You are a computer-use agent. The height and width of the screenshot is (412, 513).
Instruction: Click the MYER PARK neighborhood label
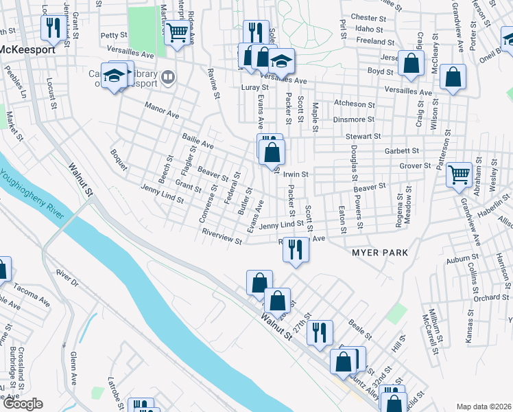click(379, 253)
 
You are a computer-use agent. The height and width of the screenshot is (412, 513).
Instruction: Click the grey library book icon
click(167, 77)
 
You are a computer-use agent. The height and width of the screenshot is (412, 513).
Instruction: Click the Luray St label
click(254, 88)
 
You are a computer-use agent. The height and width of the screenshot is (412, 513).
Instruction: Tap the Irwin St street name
click(296, 174)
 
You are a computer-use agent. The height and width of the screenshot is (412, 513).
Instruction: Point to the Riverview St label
click(222, 237)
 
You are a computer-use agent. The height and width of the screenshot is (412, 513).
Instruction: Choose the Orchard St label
click(490, 297)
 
